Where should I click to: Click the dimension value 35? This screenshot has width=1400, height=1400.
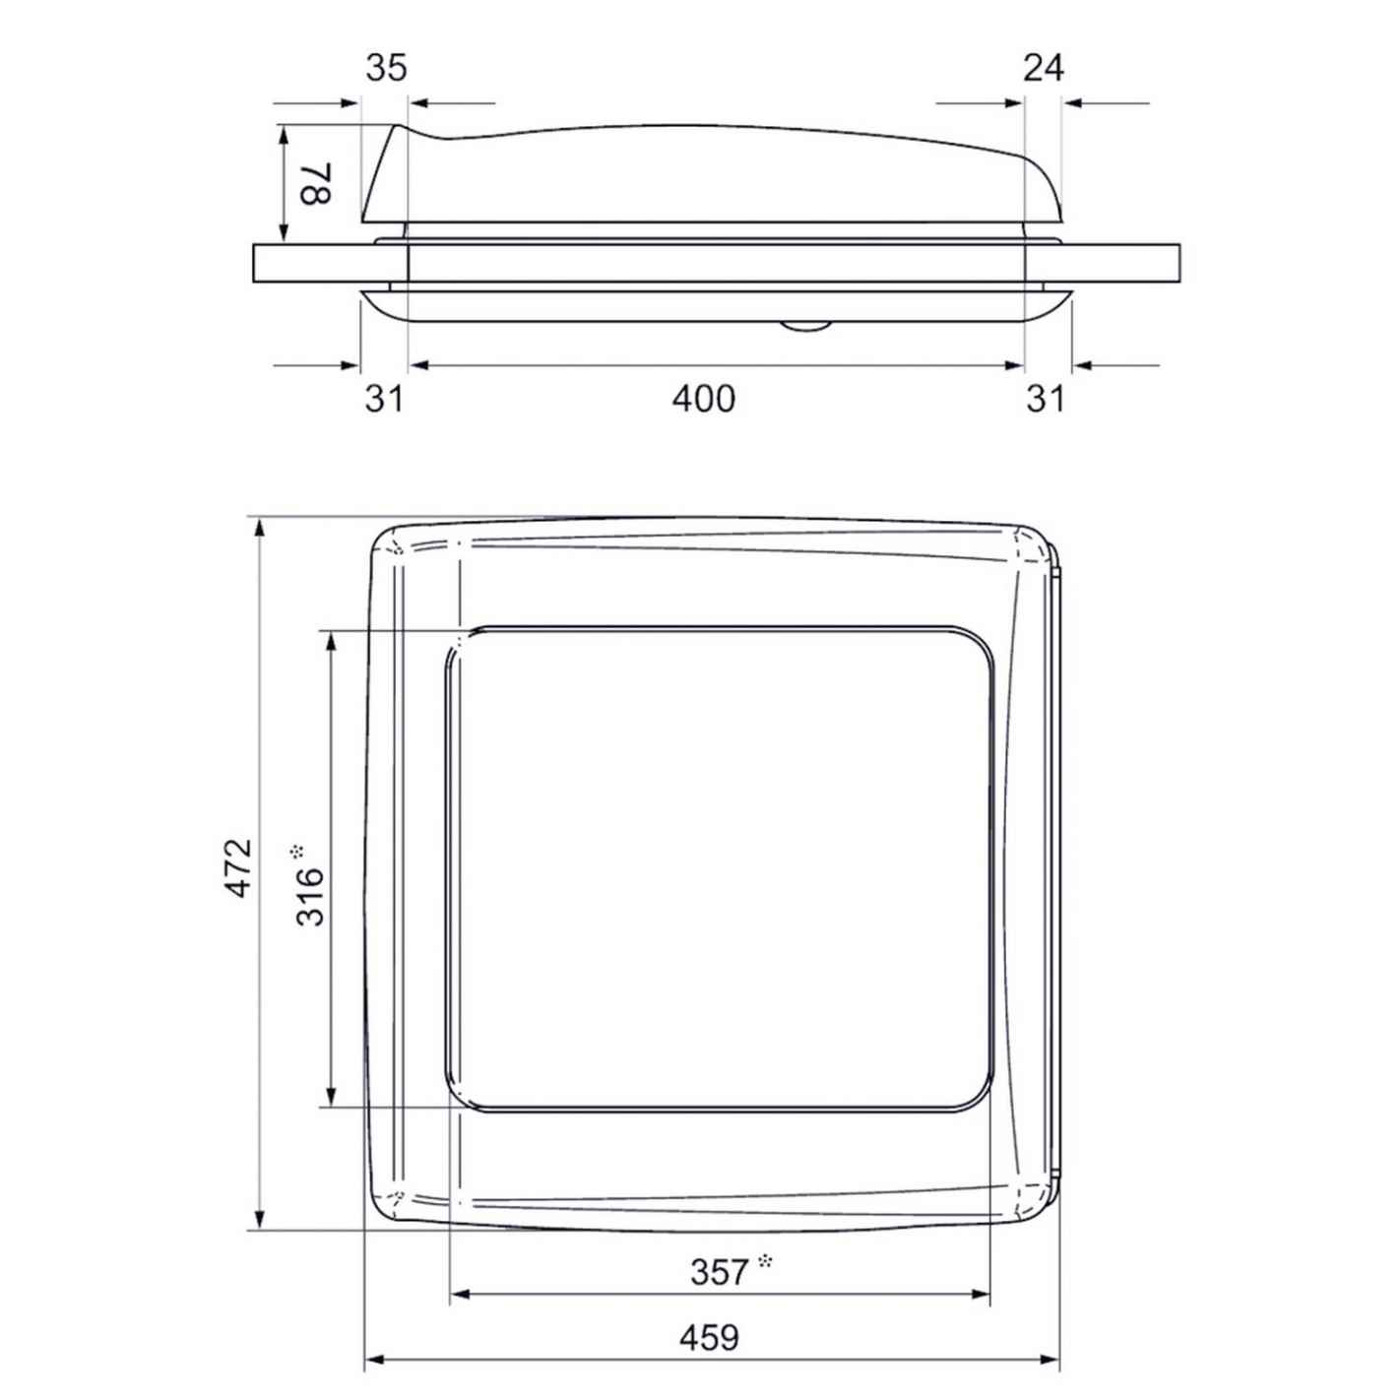click(x=386, y=68)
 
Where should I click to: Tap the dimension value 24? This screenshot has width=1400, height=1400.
click(x=1044, y=68)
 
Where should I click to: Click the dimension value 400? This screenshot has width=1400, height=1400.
click(x=703, y=399)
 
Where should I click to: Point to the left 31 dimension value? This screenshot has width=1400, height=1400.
click(x=383, y=399)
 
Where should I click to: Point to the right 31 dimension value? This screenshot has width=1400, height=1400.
click(x=1045, y=399)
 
